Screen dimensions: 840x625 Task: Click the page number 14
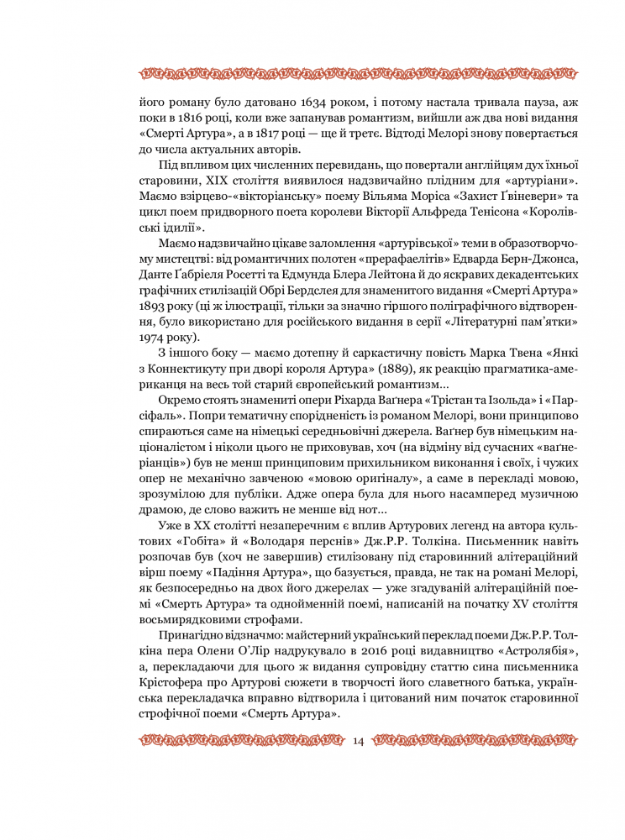click(x=359, y=740)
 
